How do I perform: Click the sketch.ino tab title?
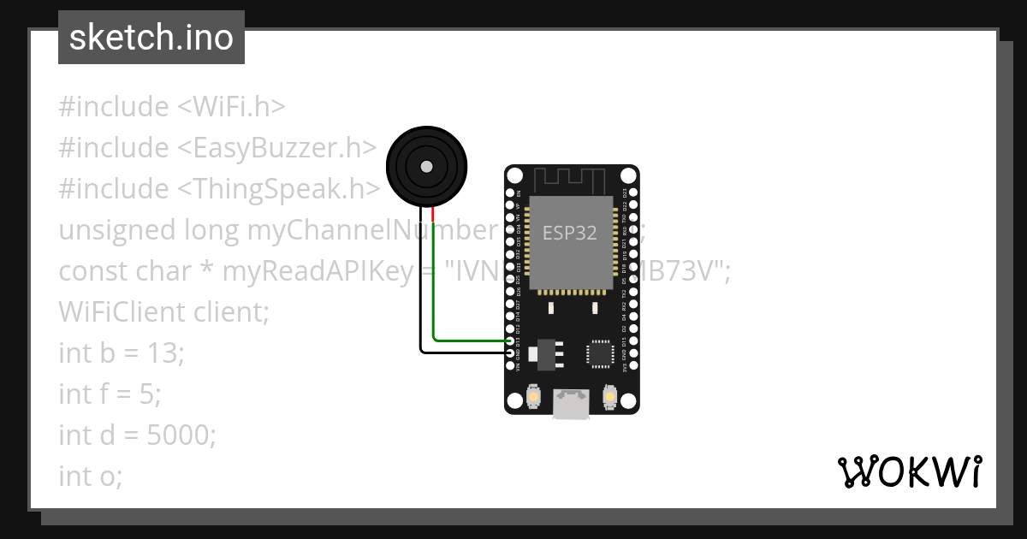[151, 38]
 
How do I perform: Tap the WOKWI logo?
[909, 471]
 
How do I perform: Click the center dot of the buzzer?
[425, 165]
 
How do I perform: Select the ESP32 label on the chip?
[570, 233]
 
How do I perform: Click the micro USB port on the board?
[571, 404]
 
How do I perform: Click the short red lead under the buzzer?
[434, 214]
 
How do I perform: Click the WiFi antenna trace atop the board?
[571, 180]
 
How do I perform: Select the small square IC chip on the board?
[600, 354]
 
